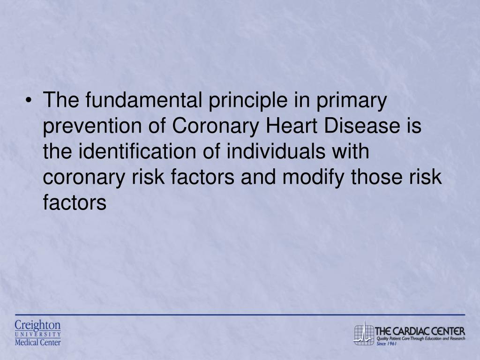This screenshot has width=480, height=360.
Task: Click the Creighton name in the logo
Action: (37, 325)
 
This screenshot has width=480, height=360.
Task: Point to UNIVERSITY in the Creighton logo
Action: (37, 334)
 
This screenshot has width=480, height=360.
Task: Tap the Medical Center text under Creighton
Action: (37, 342)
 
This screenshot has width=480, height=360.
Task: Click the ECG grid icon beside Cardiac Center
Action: (363, 332)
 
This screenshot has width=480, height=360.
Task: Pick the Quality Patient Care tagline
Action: (420, 338)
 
